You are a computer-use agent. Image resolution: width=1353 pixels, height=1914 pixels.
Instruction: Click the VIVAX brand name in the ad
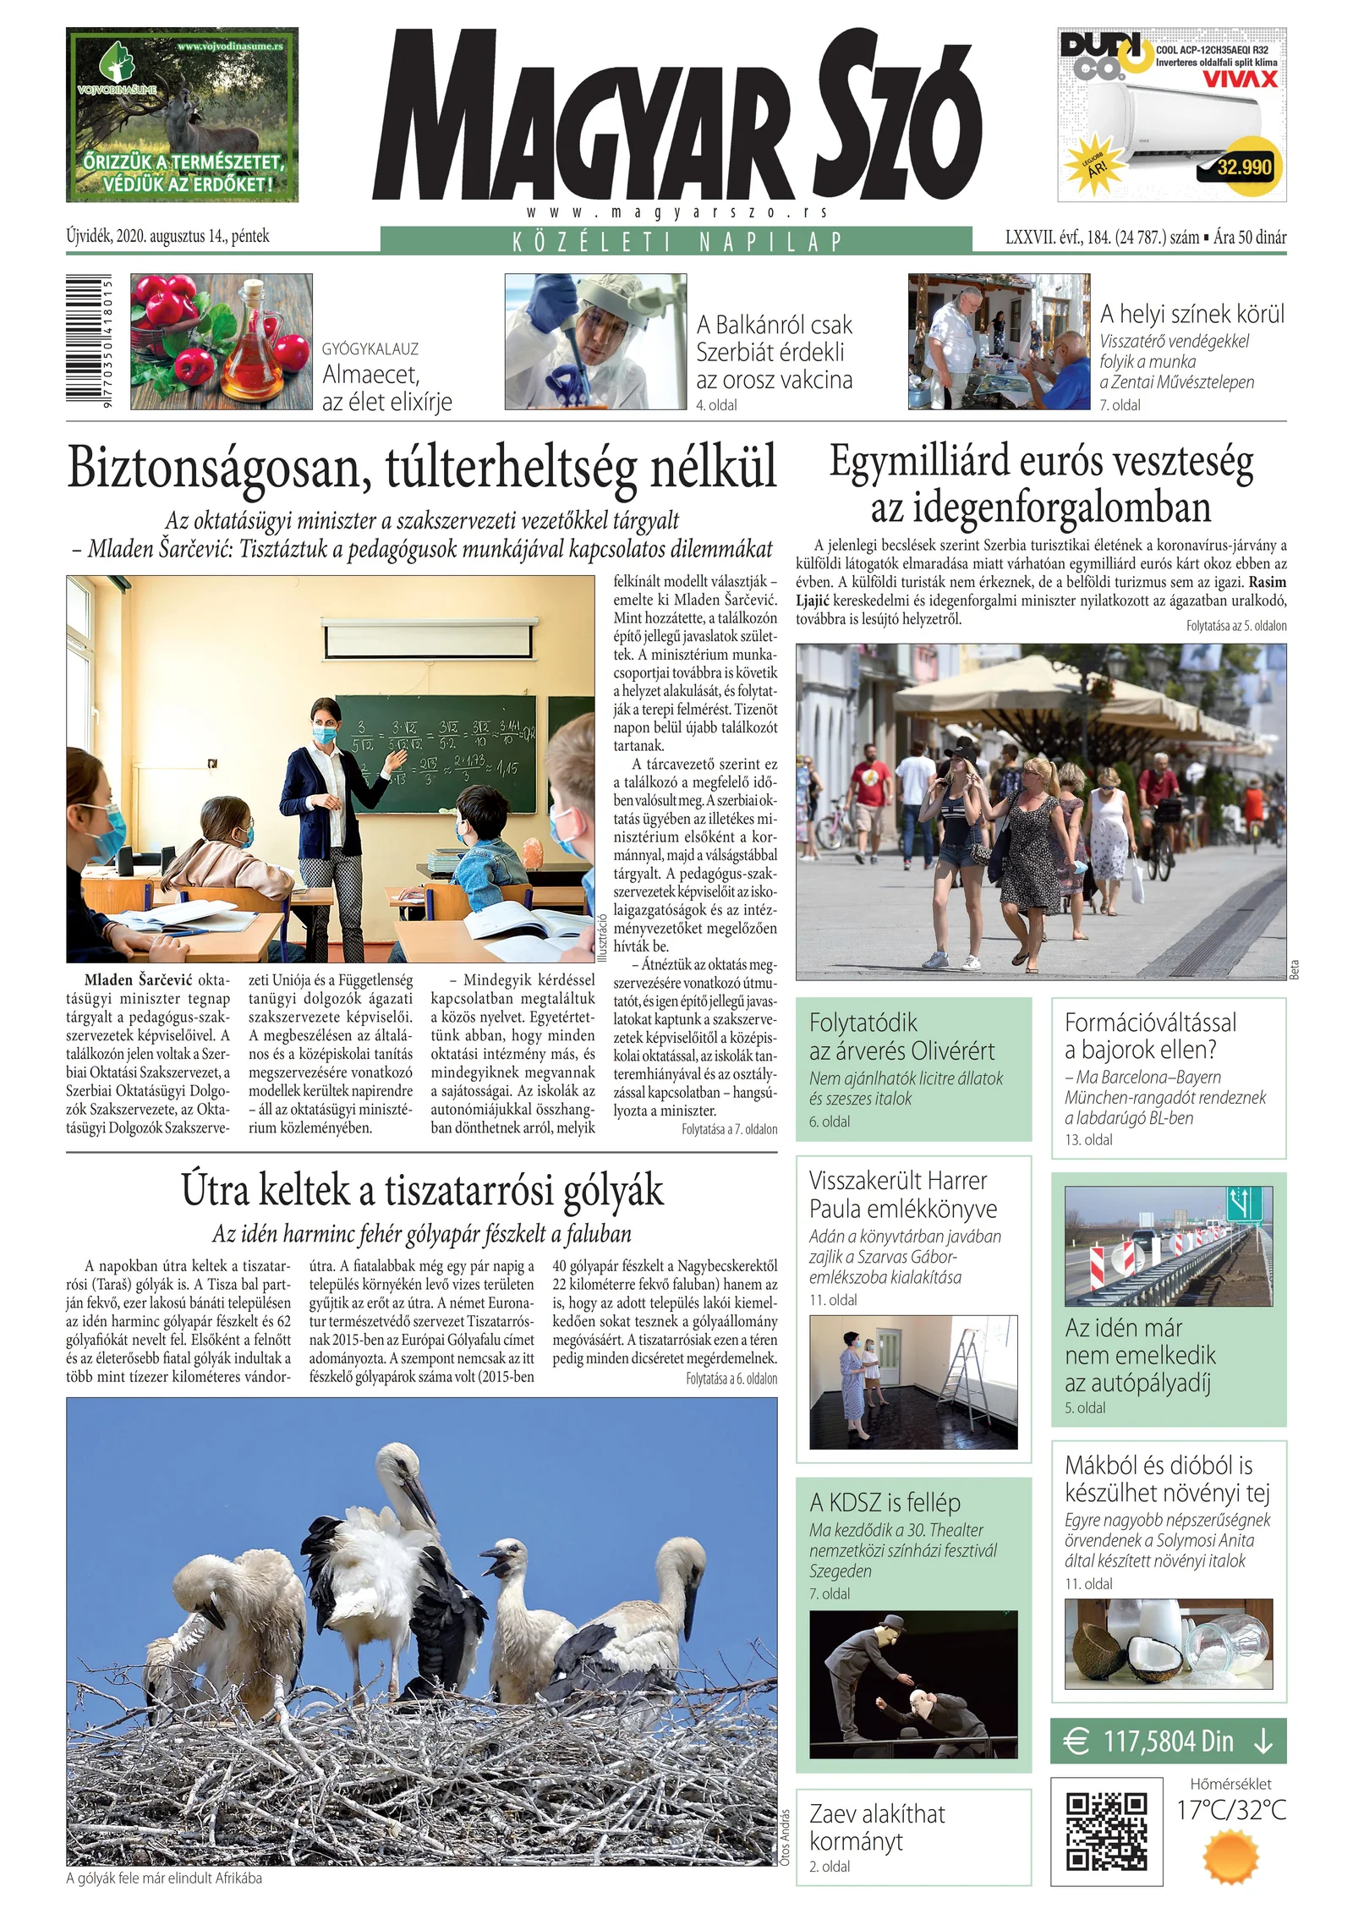click(1241, 80)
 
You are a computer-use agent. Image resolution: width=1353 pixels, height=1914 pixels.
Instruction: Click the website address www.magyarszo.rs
click(676, 212)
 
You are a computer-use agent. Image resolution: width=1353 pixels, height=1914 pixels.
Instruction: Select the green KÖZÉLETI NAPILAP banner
click(676, 241)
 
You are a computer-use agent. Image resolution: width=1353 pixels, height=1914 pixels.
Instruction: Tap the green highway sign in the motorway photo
click(1243, 1203)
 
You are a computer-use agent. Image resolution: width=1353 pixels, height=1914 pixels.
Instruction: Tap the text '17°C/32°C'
click(1230, 1809)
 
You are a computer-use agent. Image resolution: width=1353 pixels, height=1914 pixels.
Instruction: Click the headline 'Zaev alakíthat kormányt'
click(876, 1827)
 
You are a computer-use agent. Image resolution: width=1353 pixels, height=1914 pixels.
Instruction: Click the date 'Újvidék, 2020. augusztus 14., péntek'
click(167, 237)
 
